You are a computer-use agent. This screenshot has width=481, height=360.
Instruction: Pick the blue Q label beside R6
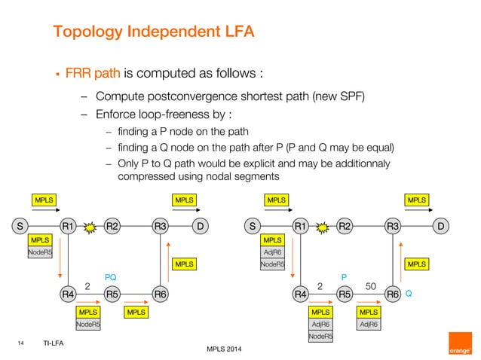point(409,294)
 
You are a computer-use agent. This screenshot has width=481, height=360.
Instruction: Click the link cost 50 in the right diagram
point(370,286)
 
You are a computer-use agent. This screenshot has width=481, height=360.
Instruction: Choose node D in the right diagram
point(441,225)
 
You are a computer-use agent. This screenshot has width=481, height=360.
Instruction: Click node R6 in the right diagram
point(393,294)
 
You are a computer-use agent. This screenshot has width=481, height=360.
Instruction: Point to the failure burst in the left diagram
point(90,225)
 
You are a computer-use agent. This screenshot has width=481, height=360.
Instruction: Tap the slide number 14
point(21,343)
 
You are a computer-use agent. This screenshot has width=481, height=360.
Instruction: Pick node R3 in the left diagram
point(159,225)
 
